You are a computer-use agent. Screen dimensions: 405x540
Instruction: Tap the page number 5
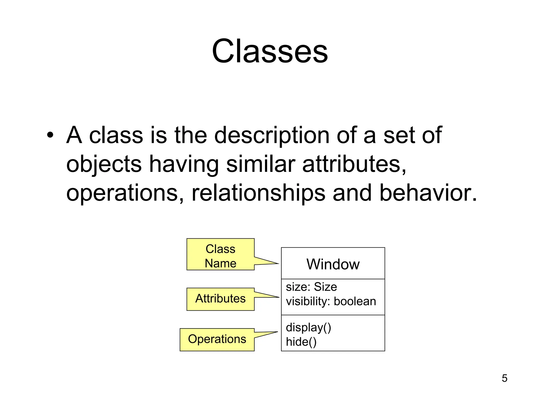click(504, 378)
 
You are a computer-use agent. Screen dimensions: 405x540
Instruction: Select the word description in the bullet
click(272, 135)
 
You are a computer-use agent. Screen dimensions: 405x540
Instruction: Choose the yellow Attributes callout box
click(220, 299)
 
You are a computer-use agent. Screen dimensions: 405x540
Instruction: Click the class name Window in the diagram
click(333, 264)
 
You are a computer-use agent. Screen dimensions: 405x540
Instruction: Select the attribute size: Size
click(311, 287)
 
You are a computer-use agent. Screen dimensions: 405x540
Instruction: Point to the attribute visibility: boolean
click(331, 301)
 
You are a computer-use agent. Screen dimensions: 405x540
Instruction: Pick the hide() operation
click(301, 342)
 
